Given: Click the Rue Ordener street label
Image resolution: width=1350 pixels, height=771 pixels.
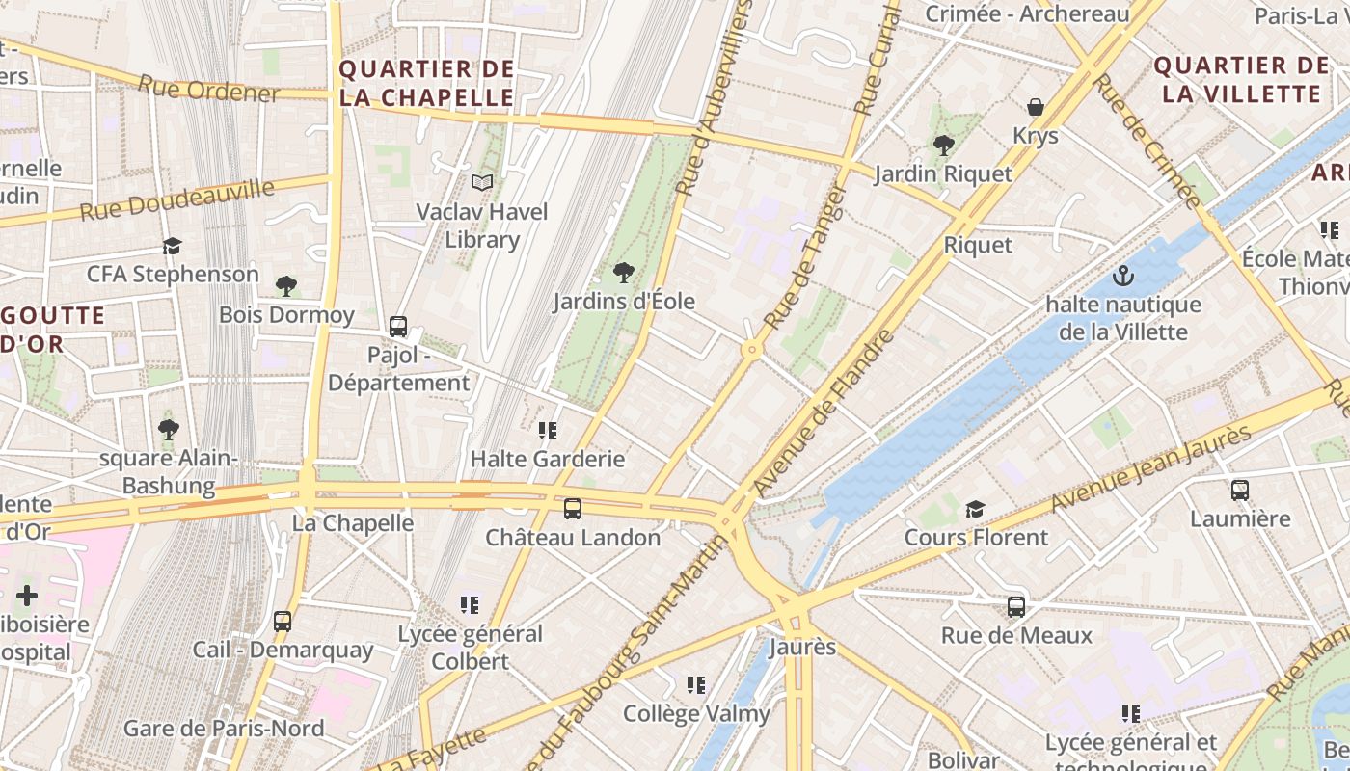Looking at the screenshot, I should [208, 89].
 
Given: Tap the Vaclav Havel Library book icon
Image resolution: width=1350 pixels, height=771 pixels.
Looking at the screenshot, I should [482, 182].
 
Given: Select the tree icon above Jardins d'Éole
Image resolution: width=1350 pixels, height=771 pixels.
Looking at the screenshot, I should [624, 273].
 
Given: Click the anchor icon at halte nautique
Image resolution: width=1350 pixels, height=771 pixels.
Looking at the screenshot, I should [1122, 277].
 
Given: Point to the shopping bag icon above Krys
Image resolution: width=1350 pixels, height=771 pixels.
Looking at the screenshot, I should [1036, 106].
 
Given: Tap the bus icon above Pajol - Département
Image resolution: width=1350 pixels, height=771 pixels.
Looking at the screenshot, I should [398, 327].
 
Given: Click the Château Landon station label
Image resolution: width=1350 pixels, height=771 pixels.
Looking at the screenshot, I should [573, 537].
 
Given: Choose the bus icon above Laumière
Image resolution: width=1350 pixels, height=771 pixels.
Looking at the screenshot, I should [1240, 490].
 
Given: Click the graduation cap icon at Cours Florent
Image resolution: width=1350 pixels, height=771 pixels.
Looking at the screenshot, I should [976, 508].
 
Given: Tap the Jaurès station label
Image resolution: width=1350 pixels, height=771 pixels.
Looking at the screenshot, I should [802, 646].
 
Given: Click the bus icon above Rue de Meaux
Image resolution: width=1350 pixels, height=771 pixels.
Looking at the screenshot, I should [1016, 606].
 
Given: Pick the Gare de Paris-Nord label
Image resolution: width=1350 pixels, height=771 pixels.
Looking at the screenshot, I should [224, 728].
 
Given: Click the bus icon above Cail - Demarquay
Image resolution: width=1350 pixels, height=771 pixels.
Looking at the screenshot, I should [282, 622].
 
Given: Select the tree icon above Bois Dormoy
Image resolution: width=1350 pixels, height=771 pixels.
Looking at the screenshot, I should [285, 285].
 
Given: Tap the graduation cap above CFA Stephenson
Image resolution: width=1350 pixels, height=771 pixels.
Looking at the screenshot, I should [173, 246].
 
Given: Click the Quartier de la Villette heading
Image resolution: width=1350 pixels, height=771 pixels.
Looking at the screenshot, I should [1241, 80].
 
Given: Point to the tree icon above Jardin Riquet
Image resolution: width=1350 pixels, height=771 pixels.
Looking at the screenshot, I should [943, 146].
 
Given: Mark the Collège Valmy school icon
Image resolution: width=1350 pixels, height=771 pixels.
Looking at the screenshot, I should [696, 684].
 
